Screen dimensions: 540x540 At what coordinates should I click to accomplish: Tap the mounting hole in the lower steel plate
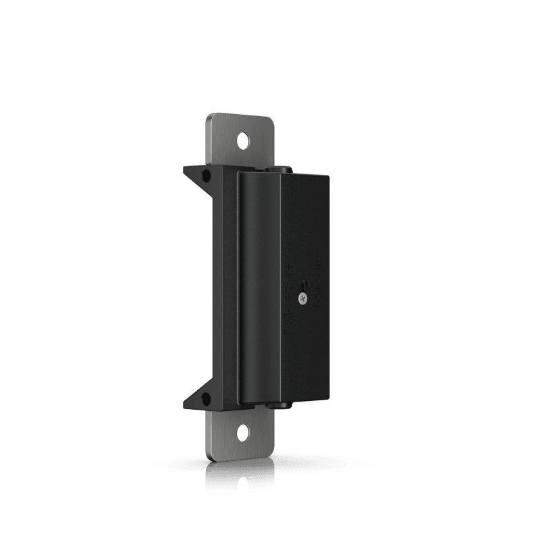(x=242, y=430)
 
